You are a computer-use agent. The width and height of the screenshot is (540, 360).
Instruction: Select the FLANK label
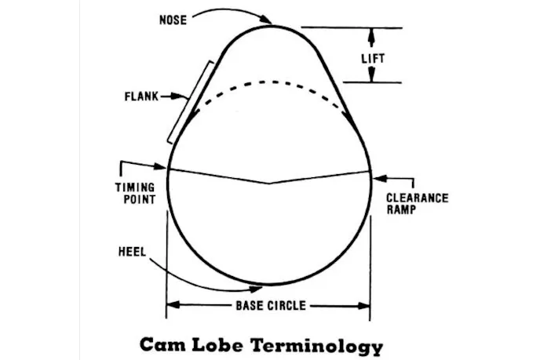[x=141, y=97]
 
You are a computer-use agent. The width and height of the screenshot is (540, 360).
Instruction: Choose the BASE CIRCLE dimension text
[x=270, y=305]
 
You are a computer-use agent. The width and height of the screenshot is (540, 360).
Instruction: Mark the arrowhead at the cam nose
[x=268, y=21]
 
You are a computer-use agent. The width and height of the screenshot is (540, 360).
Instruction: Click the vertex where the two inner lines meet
[x=270, y=184]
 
